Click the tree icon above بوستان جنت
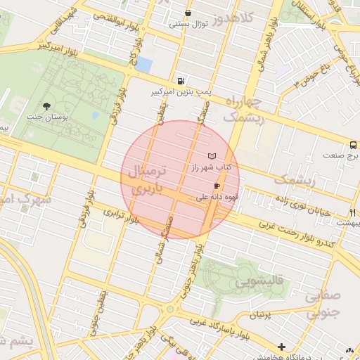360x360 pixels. pos(46,105)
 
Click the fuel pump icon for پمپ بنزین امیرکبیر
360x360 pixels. pos(182,82)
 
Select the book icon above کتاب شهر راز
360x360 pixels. pos(212,156)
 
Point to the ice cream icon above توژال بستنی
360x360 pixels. pos(188,13)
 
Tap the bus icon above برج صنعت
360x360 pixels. pos(353,145)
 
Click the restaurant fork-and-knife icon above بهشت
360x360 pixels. pos(352,212)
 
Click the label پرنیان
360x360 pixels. pos(259,315)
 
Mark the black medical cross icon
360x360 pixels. pos(282,347)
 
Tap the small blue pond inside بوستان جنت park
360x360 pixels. pos(95,115)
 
